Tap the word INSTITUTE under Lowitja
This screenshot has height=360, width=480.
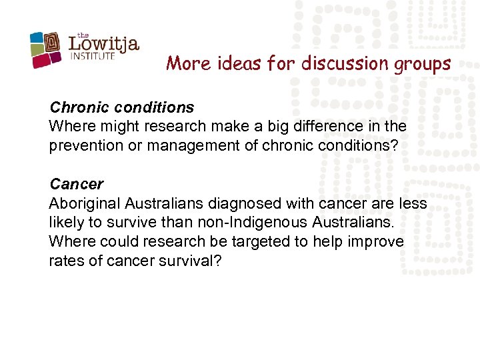point(93,57)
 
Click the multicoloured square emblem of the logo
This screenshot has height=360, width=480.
point(47,49)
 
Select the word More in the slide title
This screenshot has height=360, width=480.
point(183,63)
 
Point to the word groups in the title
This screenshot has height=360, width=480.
point(427,65)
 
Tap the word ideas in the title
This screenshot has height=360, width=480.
point(229,63)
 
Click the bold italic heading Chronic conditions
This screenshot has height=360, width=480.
point(122,107)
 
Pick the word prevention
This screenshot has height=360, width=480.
point(86,145)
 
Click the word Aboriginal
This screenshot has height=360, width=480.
point(85,203)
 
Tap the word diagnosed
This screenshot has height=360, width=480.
point(249,203)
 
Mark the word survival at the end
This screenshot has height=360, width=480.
point(190,260)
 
